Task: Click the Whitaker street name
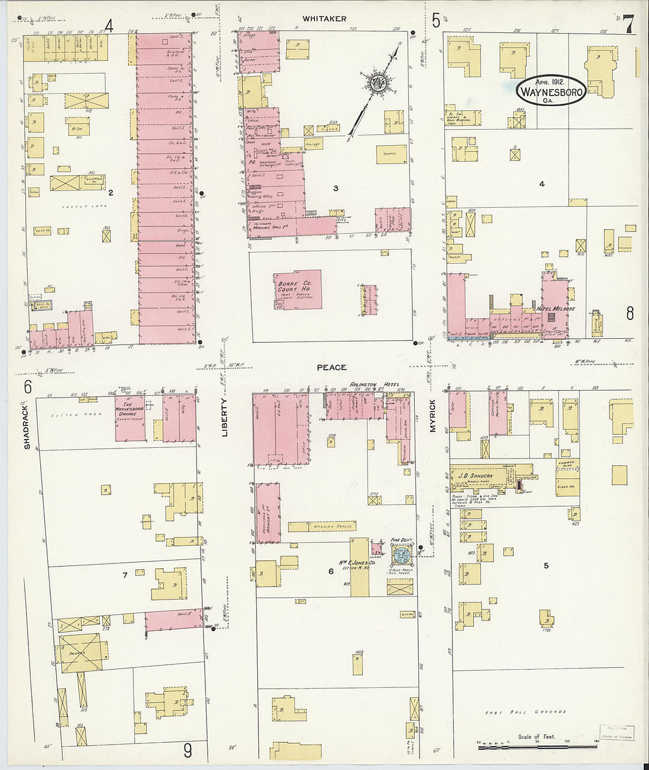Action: pos(324,19)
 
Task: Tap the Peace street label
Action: pos(332,368)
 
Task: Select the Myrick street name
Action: pos(432,415)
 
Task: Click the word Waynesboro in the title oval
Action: pos(552,92)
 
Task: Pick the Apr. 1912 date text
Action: pos(551,82)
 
